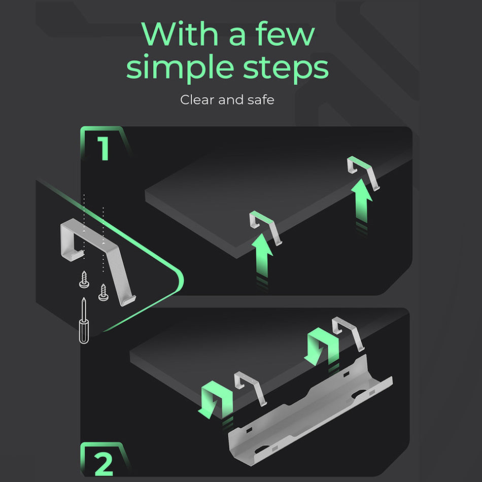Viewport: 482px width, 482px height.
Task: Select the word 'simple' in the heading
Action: (x=180, y=69)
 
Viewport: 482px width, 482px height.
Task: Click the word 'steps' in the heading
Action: (x=286, y=69)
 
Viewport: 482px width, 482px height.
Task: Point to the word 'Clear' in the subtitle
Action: (x=197, y=100)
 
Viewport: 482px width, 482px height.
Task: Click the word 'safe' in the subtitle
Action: (x=261, y=100)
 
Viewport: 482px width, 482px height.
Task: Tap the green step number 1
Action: (x=104, y=148)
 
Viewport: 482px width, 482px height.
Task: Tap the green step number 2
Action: (x=104, y=463)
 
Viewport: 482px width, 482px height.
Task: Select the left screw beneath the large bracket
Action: (x=84, y=280)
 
